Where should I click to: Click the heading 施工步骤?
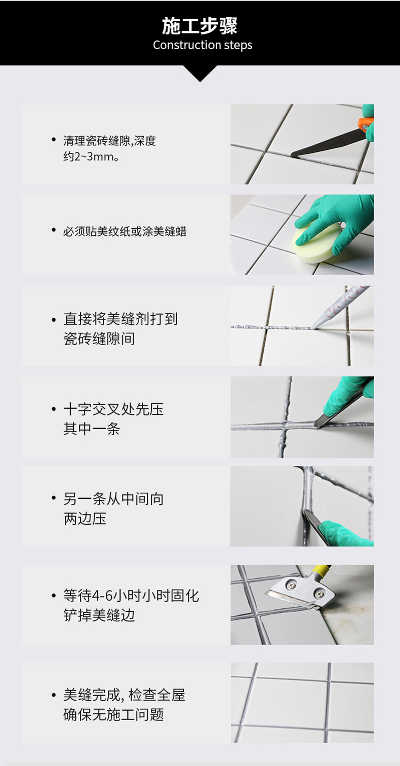(200, 26)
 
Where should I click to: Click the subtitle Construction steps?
(203, 45)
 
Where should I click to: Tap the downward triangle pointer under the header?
(200, 73)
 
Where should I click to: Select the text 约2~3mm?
(91, 157)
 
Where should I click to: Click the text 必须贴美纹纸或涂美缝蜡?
(125, 232)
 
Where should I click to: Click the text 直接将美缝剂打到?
(121, 319)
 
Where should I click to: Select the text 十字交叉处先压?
(113, 409)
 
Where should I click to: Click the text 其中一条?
(92, 429)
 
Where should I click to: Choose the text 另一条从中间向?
(113, 499)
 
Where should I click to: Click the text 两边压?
(85, 519)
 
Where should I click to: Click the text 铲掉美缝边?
(99, 615)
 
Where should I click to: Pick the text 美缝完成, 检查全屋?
(124, 695)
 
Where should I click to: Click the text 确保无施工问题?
(113, 714)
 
